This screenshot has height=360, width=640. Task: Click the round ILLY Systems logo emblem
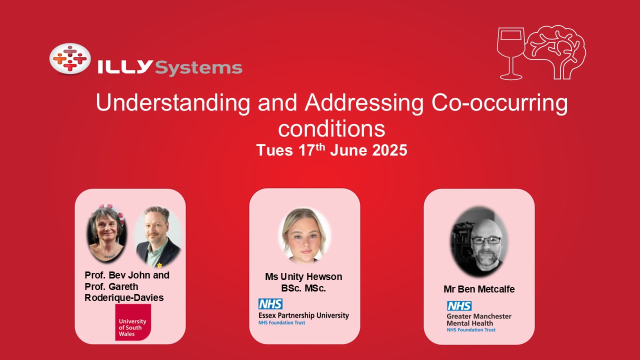70,59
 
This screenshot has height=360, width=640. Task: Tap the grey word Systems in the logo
198,68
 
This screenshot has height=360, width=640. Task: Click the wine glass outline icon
511,53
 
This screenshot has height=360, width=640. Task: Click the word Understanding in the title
173,103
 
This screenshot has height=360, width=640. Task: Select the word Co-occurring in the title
499,103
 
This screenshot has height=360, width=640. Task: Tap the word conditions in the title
331,129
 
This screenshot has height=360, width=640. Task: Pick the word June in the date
348,150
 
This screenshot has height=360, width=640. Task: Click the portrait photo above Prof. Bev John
106,234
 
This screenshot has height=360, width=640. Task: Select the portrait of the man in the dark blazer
158,236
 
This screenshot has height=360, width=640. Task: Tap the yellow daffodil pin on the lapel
159,265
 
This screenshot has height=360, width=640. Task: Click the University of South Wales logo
133,322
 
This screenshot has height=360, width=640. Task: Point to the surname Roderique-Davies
124,297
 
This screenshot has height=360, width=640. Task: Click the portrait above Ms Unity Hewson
304,235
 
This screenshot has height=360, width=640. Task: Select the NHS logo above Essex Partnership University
270,304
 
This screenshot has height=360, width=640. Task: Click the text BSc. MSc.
303,288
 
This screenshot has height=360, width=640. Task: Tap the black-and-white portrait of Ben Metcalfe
479,241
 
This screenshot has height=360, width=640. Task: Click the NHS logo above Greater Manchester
459,306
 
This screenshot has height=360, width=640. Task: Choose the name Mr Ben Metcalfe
479,289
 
